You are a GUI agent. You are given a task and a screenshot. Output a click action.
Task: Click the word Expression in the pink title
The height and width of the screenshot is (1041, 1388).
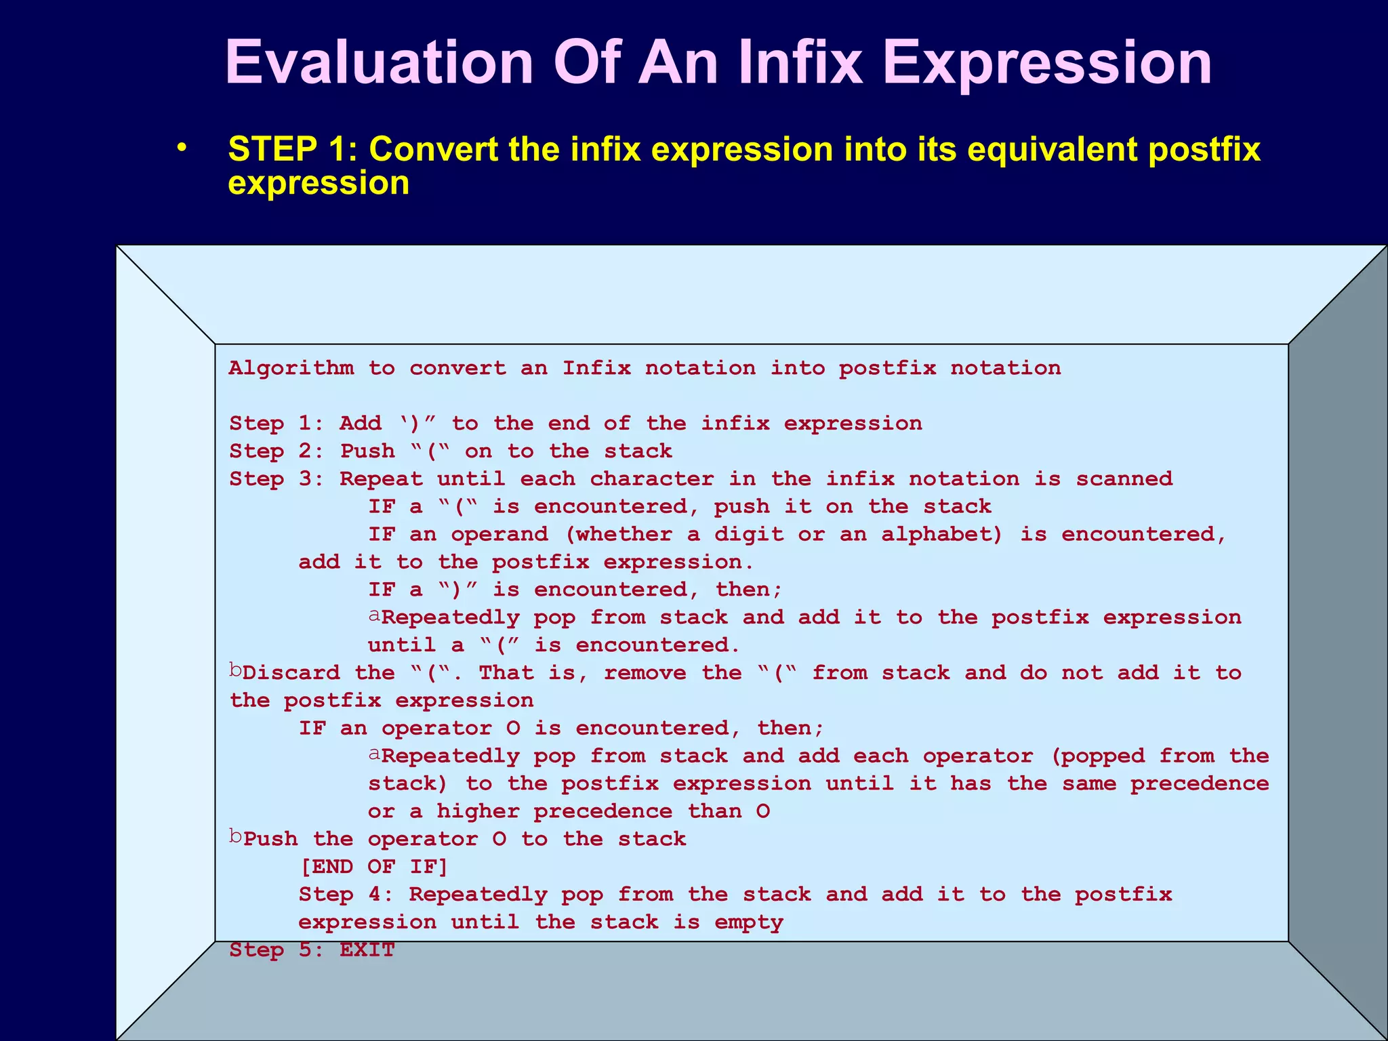[x=1047, y=62]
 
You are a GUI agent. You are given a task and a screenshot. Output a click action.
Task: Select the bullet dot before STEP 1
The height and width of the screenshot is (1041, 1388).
[x=181, y=148]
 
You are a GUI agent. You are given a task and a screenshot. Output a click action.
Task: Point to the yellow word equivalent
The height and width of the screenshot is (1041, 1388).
[x=1052, y=149]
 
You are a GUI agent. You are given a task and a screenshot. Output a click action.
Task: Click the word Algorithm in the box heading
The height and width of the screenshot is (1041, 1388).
[x=291, y=368]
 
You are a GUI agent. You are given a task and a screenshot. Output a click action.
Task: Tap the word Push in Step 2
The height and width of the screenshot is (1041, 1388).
[x=367, y=451]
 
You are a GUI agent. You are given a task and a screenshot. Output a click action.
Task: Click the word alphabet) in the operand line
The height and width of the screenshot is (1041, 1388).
[x=941, y=535]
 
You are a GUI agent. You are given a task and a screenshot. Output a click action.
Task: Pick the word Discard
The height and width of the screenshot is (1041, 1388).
[x=291, y=673]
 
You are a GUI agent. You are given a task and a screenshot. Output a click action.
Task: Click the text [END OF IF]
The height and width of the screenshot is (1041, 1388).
[x=374, y=867]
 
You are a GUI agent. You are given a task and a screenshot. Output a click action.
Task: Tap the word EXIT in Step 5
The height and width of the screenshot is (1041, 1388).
[x=367, y=950]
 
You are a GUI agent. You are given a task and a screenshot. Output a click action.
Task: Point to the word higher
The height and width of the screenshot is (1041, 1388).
[x=478, y=812]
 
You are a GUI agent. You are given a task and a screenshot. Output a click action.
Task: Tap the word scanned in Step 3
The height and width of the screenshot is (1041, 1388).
[x=1124, y=479]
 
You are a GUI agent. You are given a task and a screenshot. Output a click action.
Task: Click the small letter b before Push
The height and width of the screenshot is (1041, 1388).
[x=235, y=838]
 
